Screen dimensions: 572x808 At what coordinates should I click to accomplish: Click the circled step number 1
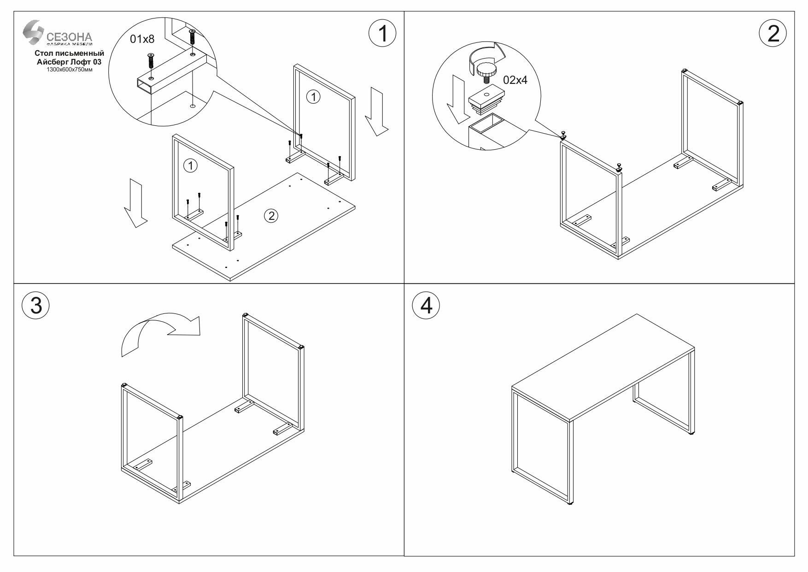(x=382, y=34)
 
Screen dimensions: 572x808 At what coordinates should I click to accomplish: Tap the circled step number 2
(x=773, y=34)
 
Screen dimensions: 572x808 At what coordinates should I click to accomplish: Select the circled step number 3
(x=35, y=306)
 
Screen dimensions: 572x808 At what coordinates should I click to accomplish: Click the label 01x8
(x=142, y=39)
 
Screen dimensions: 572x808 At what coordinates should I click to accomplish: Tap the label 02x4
(x=515, y=80)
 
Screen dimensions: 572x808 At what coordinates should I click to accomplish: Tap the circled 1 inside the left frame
(x=190, y=165)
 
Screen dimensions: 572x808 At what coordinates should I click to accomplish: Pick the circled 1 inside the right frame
(x=313, y=97)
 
